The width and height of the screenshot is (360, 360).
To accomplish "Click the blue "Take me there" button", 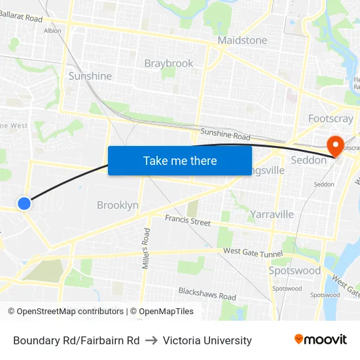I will (x=180, y=160).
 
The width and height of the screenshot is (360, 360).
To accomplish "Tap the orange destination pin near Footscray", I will (x=334, y=145).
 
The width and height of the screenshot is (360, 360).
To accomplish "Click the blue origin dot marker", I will (x=24, y=204).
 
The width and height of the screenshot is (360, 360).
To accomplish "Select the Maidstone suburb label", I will (x=242, y=41).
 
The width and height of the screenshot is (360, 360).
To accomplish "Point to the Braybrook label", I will (x=169, y=63).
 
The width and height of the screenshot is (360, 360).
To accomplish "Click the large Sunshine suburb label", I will (x=90, y=76).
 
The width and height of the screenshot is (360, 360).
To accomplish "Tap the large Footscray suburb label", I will (x=331, y=118).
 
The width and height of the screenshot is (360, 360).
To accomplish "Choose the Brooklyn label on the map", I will (x=118, y=205).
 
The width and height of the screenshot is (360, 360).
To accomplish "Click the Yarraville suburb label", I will (x=272, y=214).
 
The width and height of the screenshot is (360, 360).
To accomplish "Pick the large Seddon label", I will (x=308, y=160).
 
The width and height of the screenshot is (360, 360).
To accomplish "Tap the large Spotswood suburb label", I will (x=295, y=270).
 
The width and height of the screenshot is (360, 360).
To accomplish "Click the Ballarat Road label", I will (x=22, y=17).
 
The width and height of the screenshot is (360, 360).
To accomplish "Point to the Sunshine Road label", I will (x=225, y=135).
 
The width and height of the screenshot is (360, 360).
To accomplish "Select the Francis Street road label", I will (x=188, y=221).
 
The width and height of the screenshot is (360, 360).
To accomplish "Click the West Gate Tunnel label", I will (x=252, y=252).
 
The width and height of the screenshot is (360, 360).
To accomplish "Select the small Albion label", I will (x=52, y=30).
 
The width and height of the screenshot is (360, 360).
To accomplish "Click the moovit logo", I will (x=321, y=340).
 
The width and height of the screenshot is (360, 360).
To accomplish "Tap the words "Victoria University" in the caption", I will (x=207, y=340).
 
